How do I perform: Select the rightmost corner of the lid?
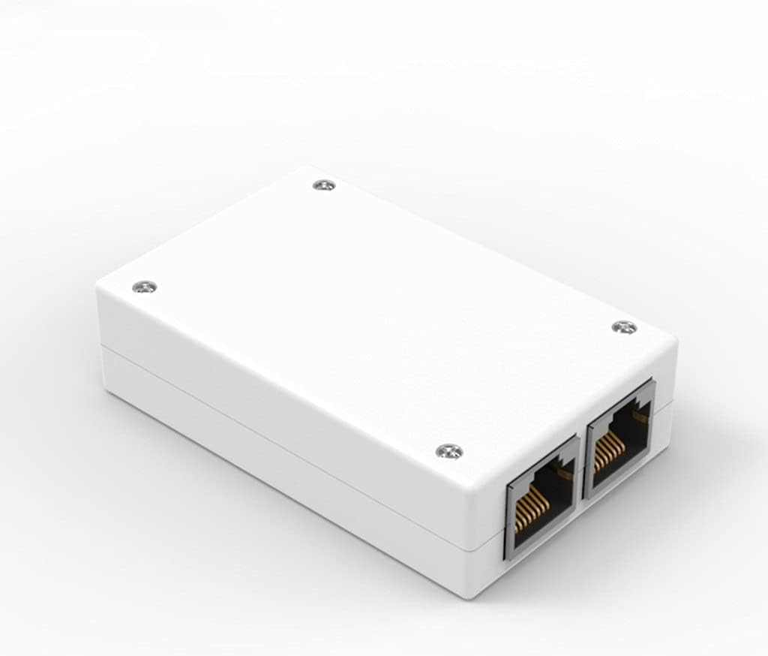(674, 342)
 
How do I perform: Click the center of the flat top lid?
(382, 315)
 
